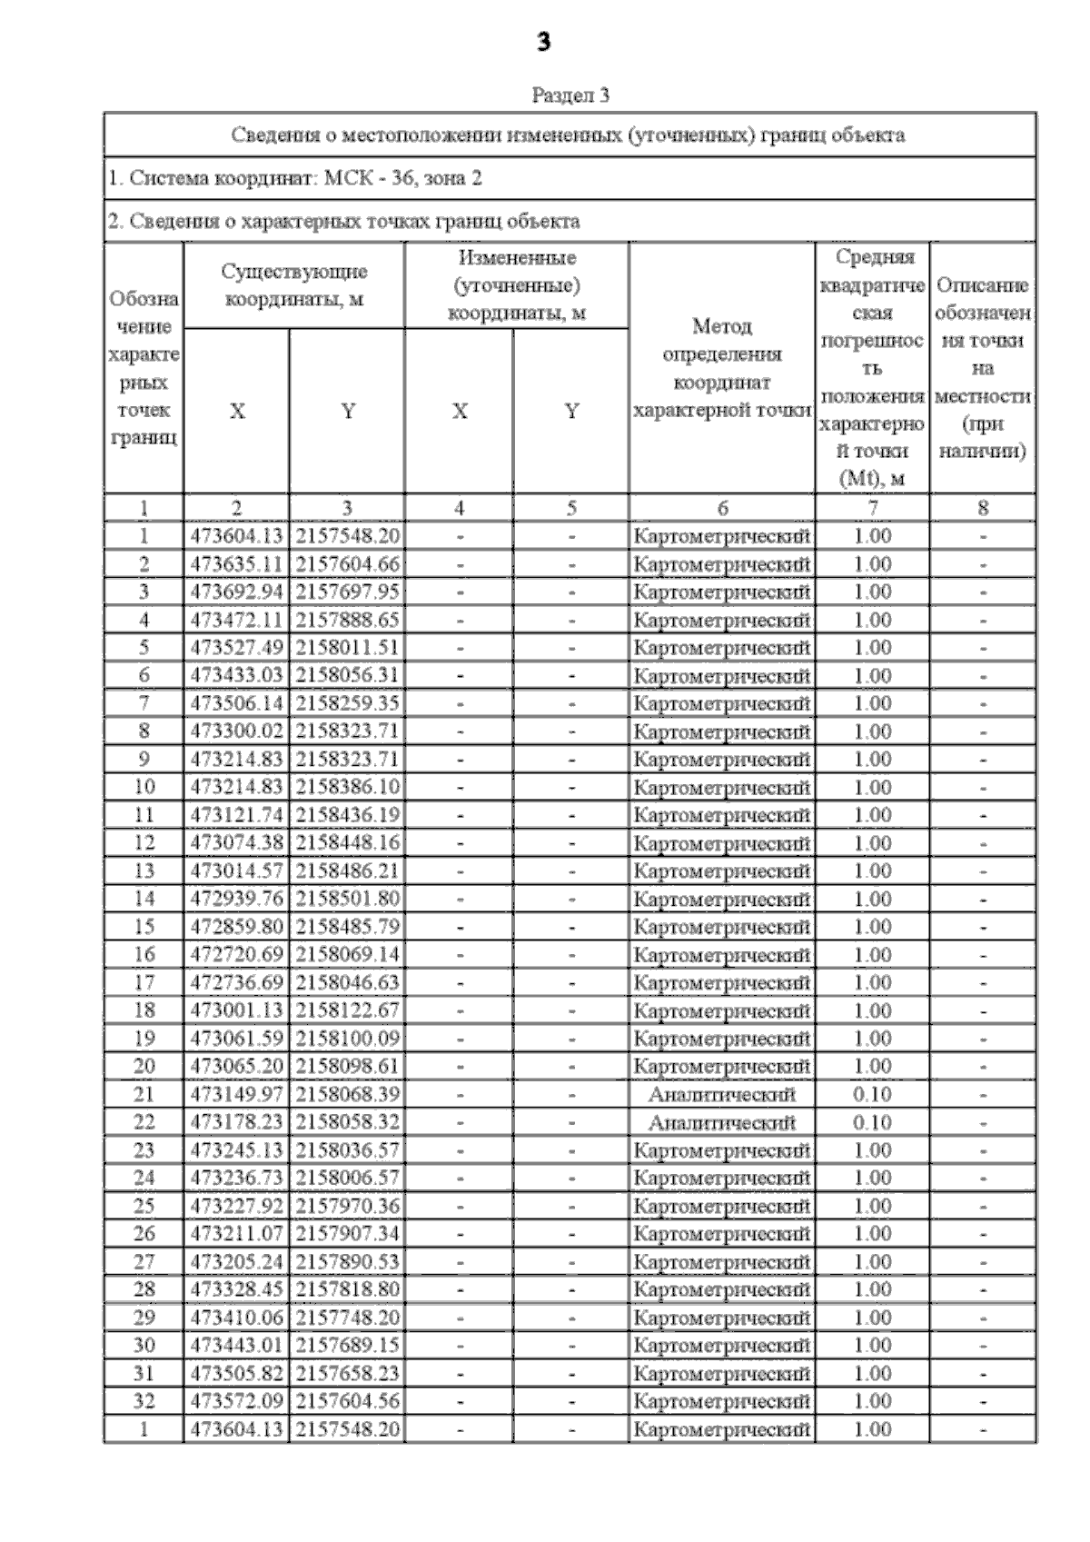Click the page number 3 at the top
pyautogui.click(x=544, y=42)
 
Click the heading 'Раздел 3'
pyautogui.click(x=570, y=95)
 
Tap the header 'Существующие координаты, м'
pyautogui.click(x=294, y=284)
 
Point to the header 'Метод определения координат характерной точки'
pyautogui.click(x=722, y=368)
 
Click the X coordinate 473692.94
pyautogui.click(x=236, y=592)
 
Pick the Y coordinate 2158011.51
pyautogui.click(x=347, y=648)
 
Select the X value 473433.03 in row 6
pyautogui.click(x=236, y=676)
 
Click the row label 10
pyautogui.click(x=144, y=787)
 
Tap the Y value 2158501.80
pyautogui.click(x=347, y=899)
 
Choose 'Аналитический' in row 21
pyautogui.click(x=722, y=1094)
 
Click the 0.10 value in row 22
pyautogui.click(x=872, y=1122)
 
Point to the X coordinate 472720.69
pyautogui.click(x=236, y=954)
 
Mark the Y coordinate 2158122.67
pyautogui.click(x=347, y=1010)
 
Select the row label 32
pyautogui.click(x=144, y=1401)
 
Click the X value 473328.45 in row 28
pyautogui.click(x=236, y=1289)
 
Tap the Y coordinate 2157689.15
pyautogui.click(x=347, y=1345)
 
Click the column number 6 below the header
pyautogui.click(x=722, y=508)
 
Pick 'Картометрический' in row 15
pyautogui.click(x=722, y=927)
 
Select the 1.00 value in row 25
pyautogui.click(x=872, y=1206)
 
